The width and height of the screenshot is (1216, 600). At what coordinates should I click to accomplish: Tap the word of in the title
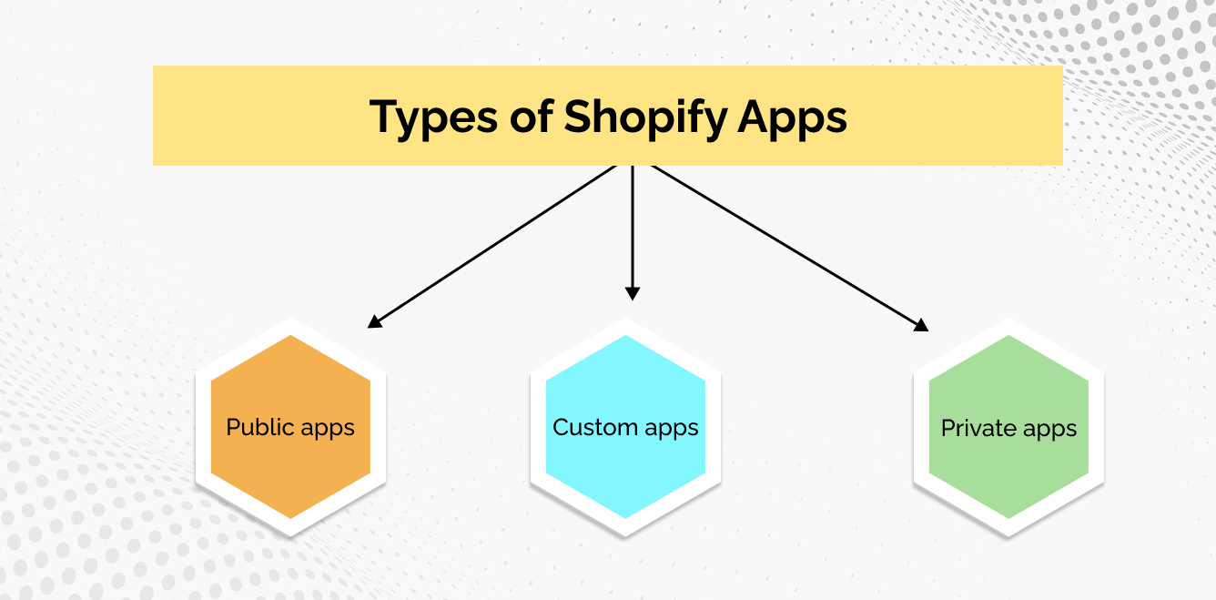(532, 116)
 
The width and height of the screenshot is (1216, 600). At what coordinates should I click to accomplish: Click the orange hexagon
(290, 427)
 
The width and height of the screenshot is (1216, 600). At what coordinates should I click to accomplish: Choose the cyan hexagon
(625, 427)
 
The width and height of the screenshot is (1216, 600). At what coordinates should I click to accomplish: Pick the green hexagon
(1008, 427)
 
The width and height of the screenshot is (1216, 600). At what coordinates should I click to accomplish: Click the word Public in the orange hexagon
(260, 427)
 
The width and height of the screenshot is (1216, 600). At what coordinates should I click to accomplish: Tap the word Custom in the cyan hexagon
(595, 427)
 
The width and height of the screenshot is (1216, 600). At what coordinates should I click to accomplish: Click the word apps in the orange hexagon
(328, 430)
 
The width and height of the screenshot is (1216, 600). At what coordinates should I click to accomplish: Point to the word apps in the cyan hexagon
(672, 430)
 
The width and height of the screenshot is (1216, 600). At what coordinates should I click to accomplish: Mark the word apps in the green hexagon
(1049, 431)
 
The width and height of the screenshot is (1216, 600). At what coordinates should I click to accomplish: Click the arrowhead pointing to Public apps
(375, 322)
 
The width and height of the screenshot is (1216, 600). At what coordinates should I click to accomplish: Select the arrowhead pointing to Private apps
(921, 325)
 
